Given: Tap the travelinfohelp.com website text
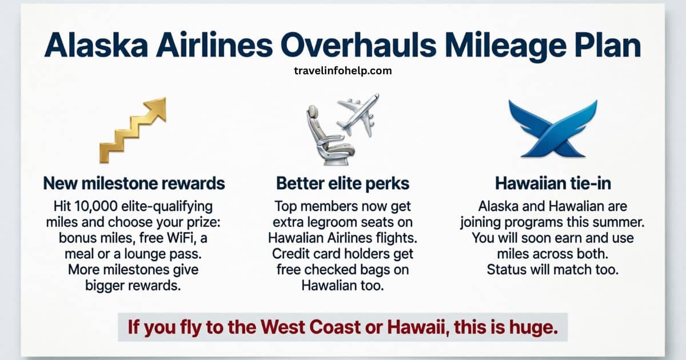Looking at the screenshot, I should [x=342, y=71].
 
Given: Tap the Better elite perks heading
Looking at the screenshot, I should [x=342, y=183].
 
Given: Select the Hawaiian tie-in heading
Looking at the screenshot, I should [x=552, y=183].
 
